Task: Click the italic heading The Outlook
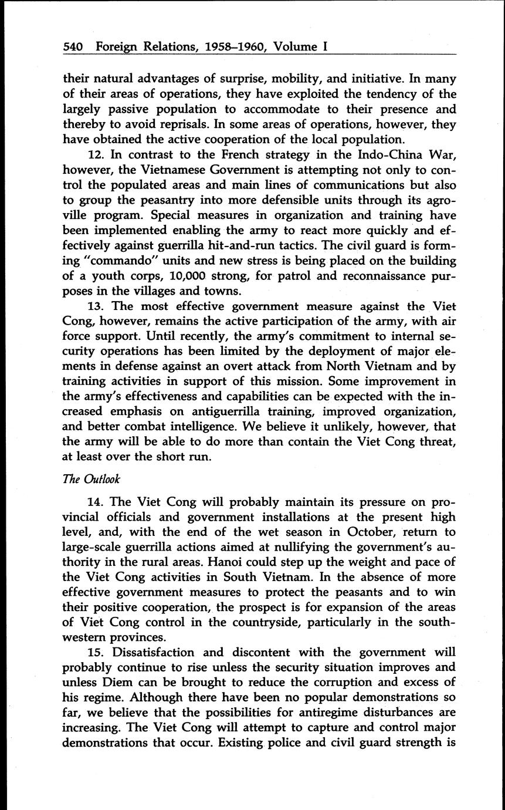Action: [91, 478]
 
